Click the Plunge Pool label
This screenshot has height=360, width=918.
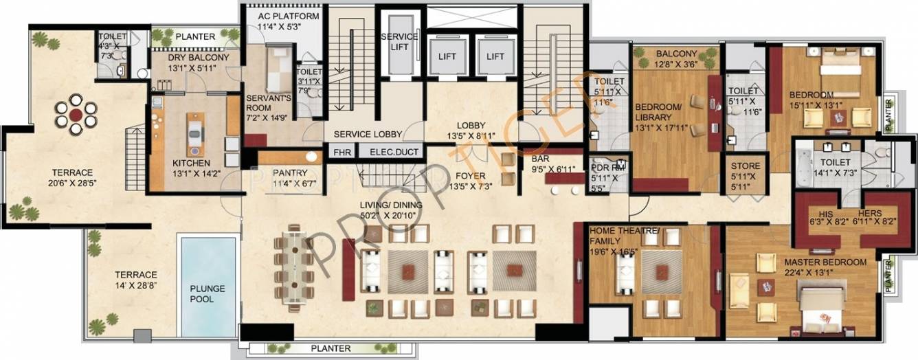pos(202,293)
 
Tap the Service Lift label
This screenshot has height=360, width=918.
pos(395,41)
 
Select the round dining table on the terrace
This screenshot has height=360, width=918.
pos(76,113)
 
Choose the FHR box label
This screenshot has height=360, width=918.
pos(341,152)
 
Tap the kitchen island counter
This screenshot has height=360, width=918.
pos(196,134)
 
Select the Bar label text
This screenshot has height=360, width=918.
pos(541,157)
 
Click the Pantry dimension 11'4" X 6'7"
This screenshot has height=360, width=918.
pos(294,183)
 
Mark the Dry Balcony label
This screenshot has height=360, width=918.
pos(198,58)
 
